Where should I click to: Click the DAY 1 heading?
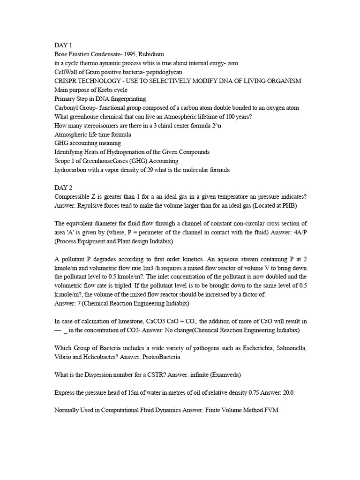pos(63,45)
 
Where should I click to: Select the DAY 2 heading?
pos(63,187)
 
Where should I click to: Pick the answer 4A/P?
pos(298,232)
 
